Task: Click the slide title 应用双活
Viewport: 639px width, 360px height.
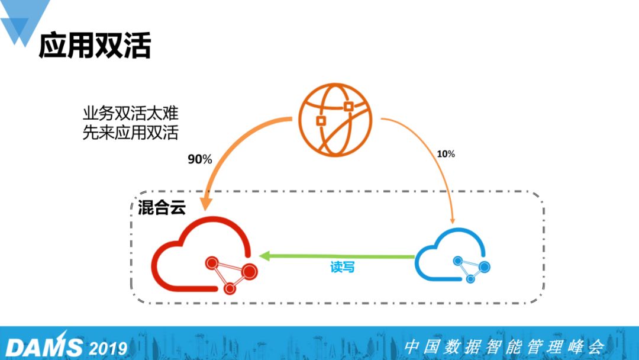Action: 95,45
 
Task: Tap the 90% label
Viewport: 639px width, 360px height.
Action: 200,159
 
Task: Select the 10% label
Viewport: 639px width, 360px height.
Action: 446,154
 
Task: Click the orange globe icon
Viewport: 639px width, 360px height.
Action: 335,120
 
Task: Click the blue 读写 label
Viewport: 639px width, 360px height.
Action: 343,267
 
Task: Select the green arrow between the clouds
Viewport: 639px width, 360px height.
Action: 337,256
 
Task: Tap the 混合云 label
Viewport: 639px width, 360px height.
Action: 162,207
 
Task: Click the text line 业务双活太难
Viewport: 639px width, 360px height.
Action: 130,113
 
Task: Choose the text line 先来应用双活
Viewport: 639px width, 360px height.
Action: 130,133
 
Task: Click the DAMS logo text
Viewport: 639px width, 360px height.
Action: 44,347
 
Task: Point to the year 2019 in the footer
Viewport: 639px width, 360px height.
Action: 108,349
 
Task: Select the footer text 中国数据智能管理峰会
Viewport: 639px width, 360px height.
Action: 504,347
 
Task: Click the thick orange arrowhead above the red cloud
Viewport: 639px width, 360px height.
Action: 206,203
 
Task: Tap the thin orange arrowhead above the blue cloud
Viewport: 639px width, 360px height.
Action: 453,221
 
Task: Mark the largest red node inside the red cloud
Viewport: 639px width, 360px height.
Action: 250,271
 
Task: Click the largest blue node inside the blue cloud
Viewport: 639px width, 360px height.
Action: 485,267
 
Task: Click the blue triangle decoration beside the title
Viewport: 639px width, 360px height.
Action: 25,20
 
